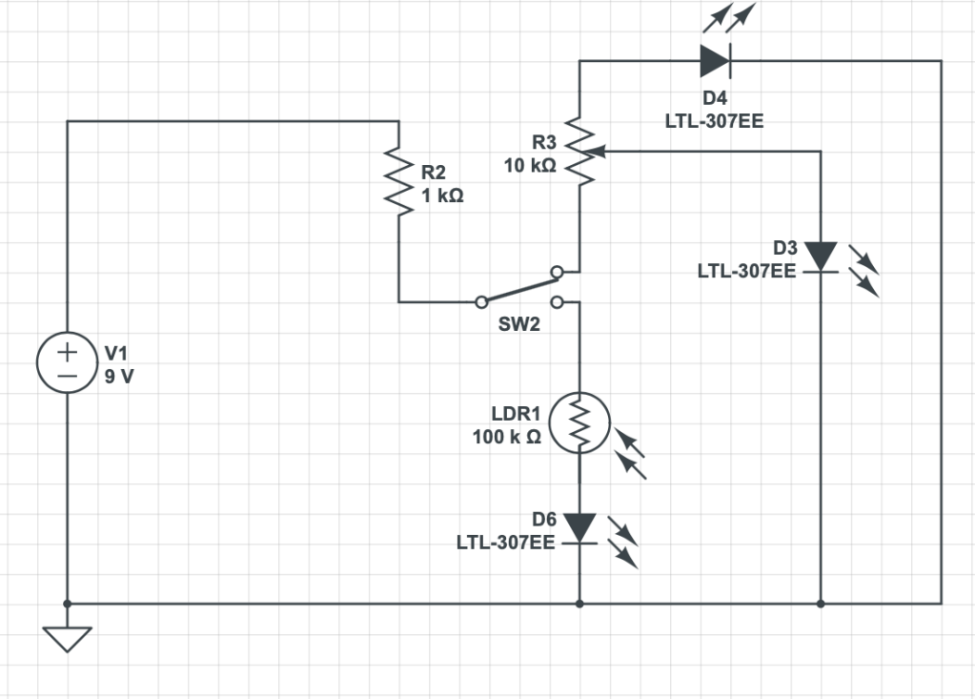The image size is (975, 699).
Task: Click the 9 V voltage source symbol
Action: click(67, 362)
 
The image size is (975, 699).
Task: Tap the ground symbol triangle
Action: click(67, 639)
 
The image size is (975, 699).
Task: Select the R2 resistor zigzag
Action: click(398, 181)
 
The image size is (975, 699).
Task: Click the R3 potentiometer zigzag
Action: click(579, 151)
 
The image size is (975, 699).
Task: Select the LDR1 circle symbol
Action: click(579, 422)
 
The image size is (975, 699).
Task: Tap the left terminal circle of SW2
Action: click(481, 302)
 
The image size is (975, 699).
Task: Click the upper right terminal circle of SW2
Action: click(558, 272)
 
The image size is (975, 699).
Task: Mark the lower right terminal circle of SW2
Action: click(558, 302)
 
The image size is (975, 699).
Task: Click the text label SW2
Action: click(519, 324)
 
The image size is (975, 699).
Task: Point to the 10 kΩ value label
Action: click(530, 166)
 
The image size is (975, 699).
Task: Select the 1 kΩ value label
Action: click(443, 195)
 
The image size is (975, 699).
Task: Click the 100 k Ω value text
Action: click(507, 437)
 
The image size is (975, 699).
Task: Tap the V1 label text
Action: click(116, 353)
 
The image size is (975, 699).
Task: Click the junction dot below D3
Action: click(821, 604)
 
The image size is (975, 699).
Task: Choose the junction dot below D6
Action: click(579, 604)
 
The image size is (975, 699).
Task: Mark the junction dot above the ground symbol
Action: click(67, 604)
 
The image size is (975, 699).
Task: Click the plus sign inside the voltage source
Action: click(67, 353)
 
